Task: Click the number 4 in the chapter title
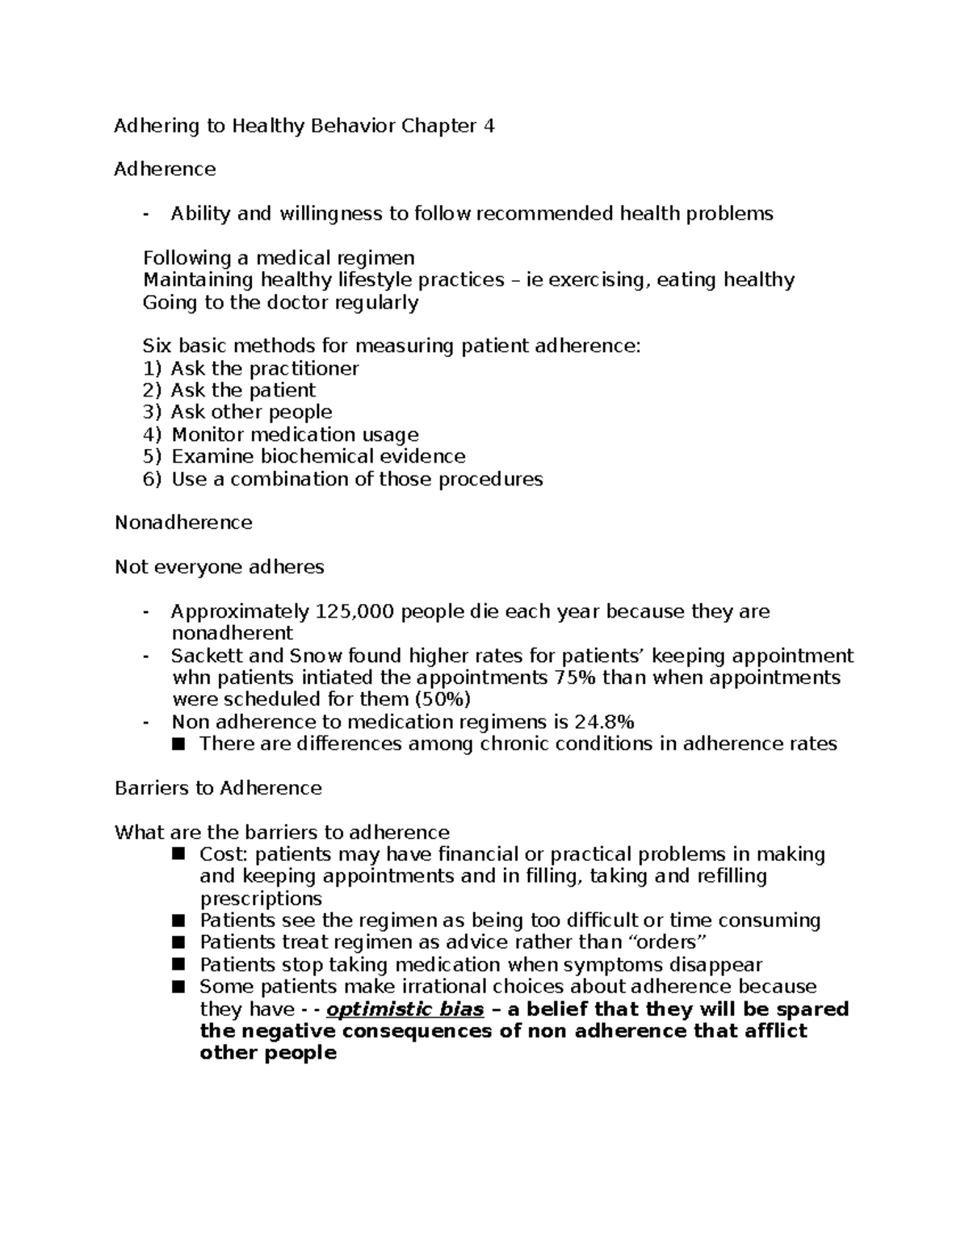click(488, 126)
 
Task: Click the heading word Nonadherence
click(183, 523)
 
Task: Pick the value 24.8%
click(604, 722)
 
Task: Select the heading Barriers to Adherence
click(218, 788)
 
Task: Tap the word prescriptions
click(260, 899)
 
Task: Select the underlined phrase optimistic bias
click(405, 1009)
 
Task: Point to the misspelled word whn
click(189, 677)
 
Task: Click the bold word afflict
click(771, 1031)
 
